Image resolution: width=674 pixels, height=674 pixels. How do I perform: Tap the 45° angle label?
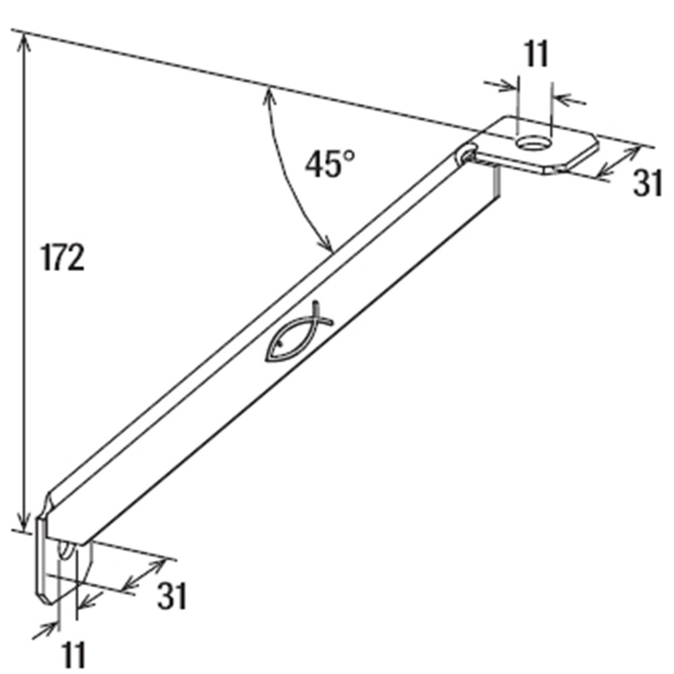(x=330, y=163)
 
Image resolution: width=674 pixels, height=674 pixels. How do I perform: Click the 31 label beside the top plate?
(x=647, y=183)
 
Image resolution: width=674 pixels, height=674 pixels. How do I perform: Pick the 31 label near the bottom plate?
(x=172, y=596)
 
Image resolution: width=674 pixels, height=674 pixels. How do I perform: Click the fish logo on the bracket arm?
(x=299, y=333)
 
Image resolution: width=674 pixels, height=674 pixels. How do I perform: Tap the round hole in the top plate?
(x=534, y=143)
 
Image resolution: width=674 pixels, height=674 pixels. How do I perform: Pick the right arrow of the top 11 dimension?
(x=569, y=100)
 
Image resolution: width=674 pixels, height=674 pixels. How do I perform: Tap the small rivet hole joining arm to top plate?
(x=468, y=156)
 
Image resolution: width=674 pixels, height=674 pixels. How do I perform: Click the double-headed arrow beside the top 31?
(x=619, y=162)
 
